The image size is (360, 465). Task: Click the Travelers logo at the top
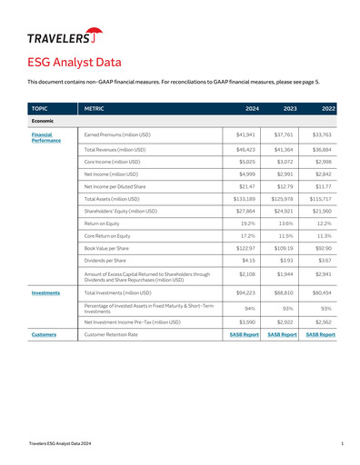[64, 37]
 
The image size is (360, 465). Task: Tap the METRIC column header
[95, 108]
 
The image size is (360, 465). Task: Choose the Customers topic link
[44, 334]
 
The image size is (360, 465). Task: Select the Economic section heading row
[44, 121]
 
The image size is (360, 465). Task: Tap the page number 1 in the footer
[341, 442]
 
